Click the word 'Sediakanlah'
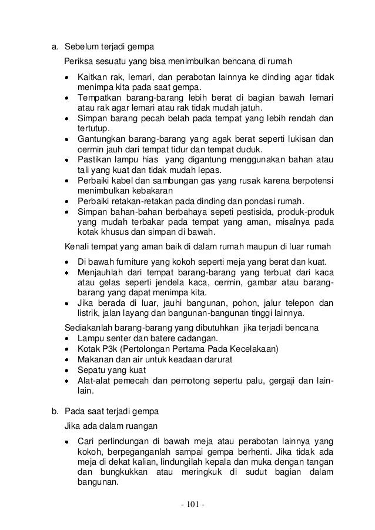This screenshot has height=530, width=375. [x=88, y=327]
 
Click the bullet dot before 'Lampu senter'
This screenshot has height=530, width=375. [x=70, y=338]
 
